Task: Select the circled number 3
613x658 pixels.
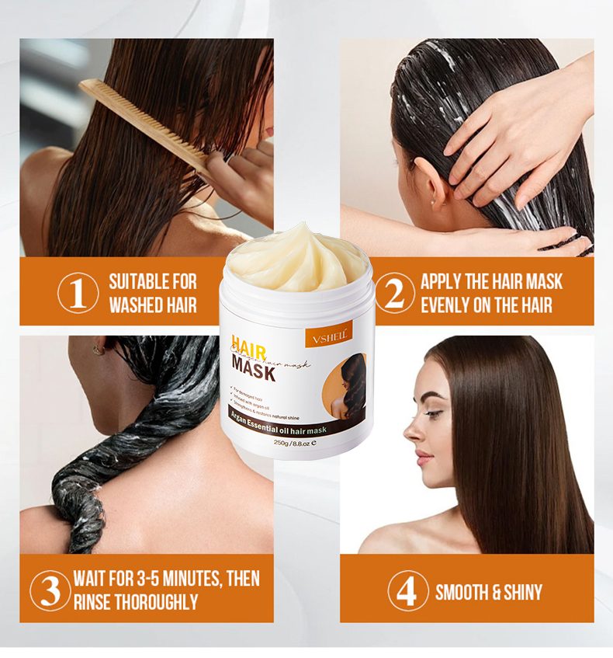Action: tap(50, 590)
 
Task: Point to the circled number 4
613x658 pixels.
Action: tap(407, 590)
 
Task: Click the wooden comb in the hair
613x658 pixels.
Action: tap(144, 124)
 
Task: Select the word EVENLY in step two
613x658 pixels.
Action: tap(445, 305)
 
